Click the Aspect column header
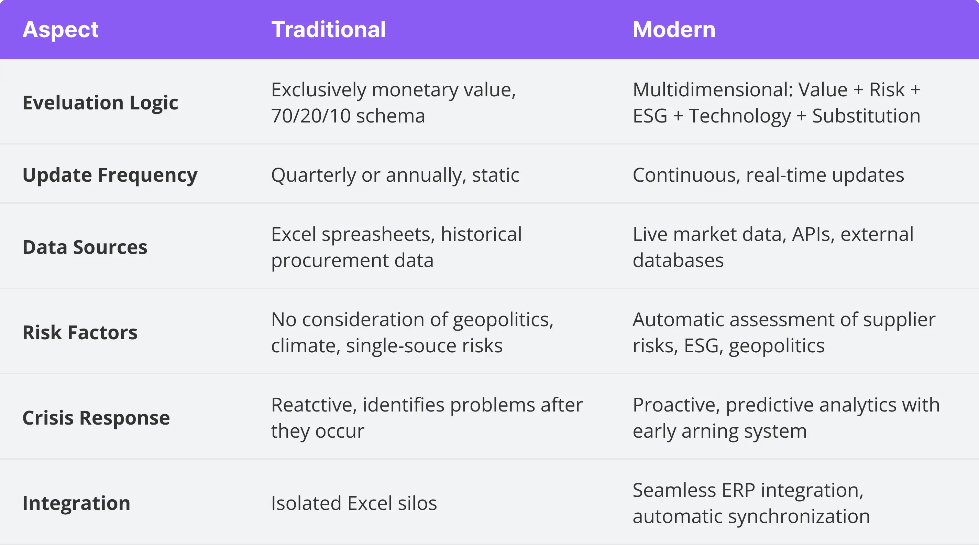coord(60,30)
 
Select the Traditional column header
coord(328,30)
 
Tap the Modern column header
coord(674,30)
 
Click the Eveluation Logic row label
coord(100,103)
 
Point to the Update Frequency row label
coord(110,175)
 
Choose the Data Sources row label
coord(85,247)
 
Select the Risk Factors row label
coord(80,332)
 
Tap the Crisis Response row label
coord(96,418)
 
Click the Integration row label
coord(76,503)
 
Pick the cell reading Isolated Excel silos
coord(354,503)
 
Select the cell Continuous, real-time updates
coord(768,175)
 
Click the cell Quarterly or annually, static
coord(395,175)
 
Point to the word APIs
coord(813,234)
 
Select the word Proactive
coord(676,405)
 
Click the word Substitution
coord(866,116)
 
